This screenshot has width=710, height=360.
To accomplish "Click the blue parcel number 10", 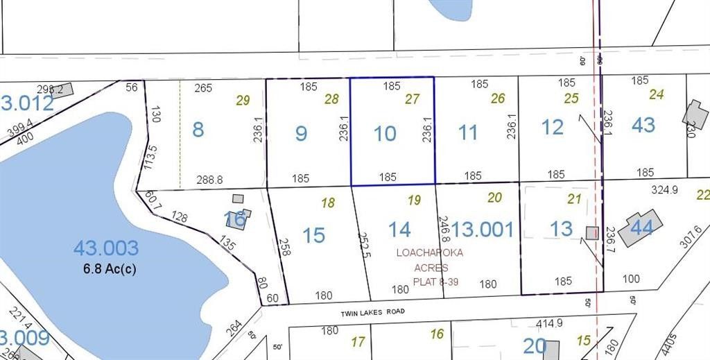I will [x=385, y=133].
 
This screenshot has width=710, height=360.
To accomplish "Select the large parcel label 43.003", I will [x=106, y=248].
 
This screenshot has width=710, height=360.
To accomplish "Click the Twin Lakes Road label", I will [x=372, y=313].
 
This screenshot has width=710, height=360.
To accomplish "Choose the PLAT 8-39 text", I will [x=435, y=282].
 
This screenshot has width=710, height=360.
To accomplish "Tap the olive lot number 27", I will [x=413, y=99].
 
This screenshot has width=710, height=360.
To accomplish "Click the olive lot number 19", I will [x=414, y=200].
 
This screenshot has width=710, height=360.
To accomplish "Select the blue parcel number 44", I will [x=642, y=227].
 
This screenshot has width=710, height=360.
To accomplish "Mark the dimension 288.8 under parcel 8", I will [x=210, y=179].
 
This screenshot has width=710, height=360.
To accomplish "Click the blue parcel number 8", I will [x=198, y=129].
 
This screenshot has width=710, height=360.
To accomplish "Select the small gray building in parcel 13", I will [x=591, y=233].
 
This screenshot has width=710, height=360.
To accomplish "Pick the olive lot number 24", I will [x=657, y=94].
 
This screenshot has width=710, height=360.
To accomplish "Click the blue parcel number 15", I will [x=314, y=234].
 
